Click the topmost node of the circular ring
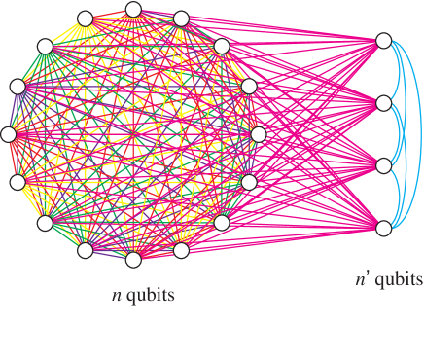pyautogui.click(x=133, y=10)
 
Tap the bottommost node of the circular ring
pyautogui.click(x=133, y=259)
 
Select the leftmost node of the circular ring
pyautogui.click(x=9, y=134)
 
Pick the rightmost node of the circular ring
pyautogui.click(x=258, y=134)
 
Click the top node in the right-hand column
pyautogui.click(x=383, y=41)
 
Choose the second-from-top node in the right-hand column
pyautogui.click(x=383, y=103)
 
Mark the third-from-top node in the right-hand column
pyautogui.click(x=383, y=165)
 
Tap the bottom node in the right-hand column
pyautogui.click(x=383, y=228)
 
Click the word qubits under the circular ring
pyautogui.click(x=150, y=295)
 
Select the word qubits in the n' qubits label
pyautogui.click(x=400, y=281)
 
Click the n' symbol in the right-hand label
pyautogui.click(x=362, y=280)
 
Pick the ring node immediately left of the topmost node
pyautogui.click(x=85, y=18)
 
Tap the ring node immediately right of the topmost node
pyautogui.click(x=181, y=18)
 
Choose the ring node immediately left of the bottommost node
pyautogui.click(x=85, y=250)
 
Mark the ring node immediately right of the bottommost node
pyautogui.click(x=181, y=250)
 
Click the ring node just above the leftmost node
pyautogui.click(x=18, y=87)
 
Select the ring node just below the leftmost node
pyautogui.click(x=18, y=182)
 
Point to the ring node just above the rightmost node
pyautogui.click(x=249, y=87)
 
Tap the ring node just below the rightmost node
pyautogui.click(x=249, y=182)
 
